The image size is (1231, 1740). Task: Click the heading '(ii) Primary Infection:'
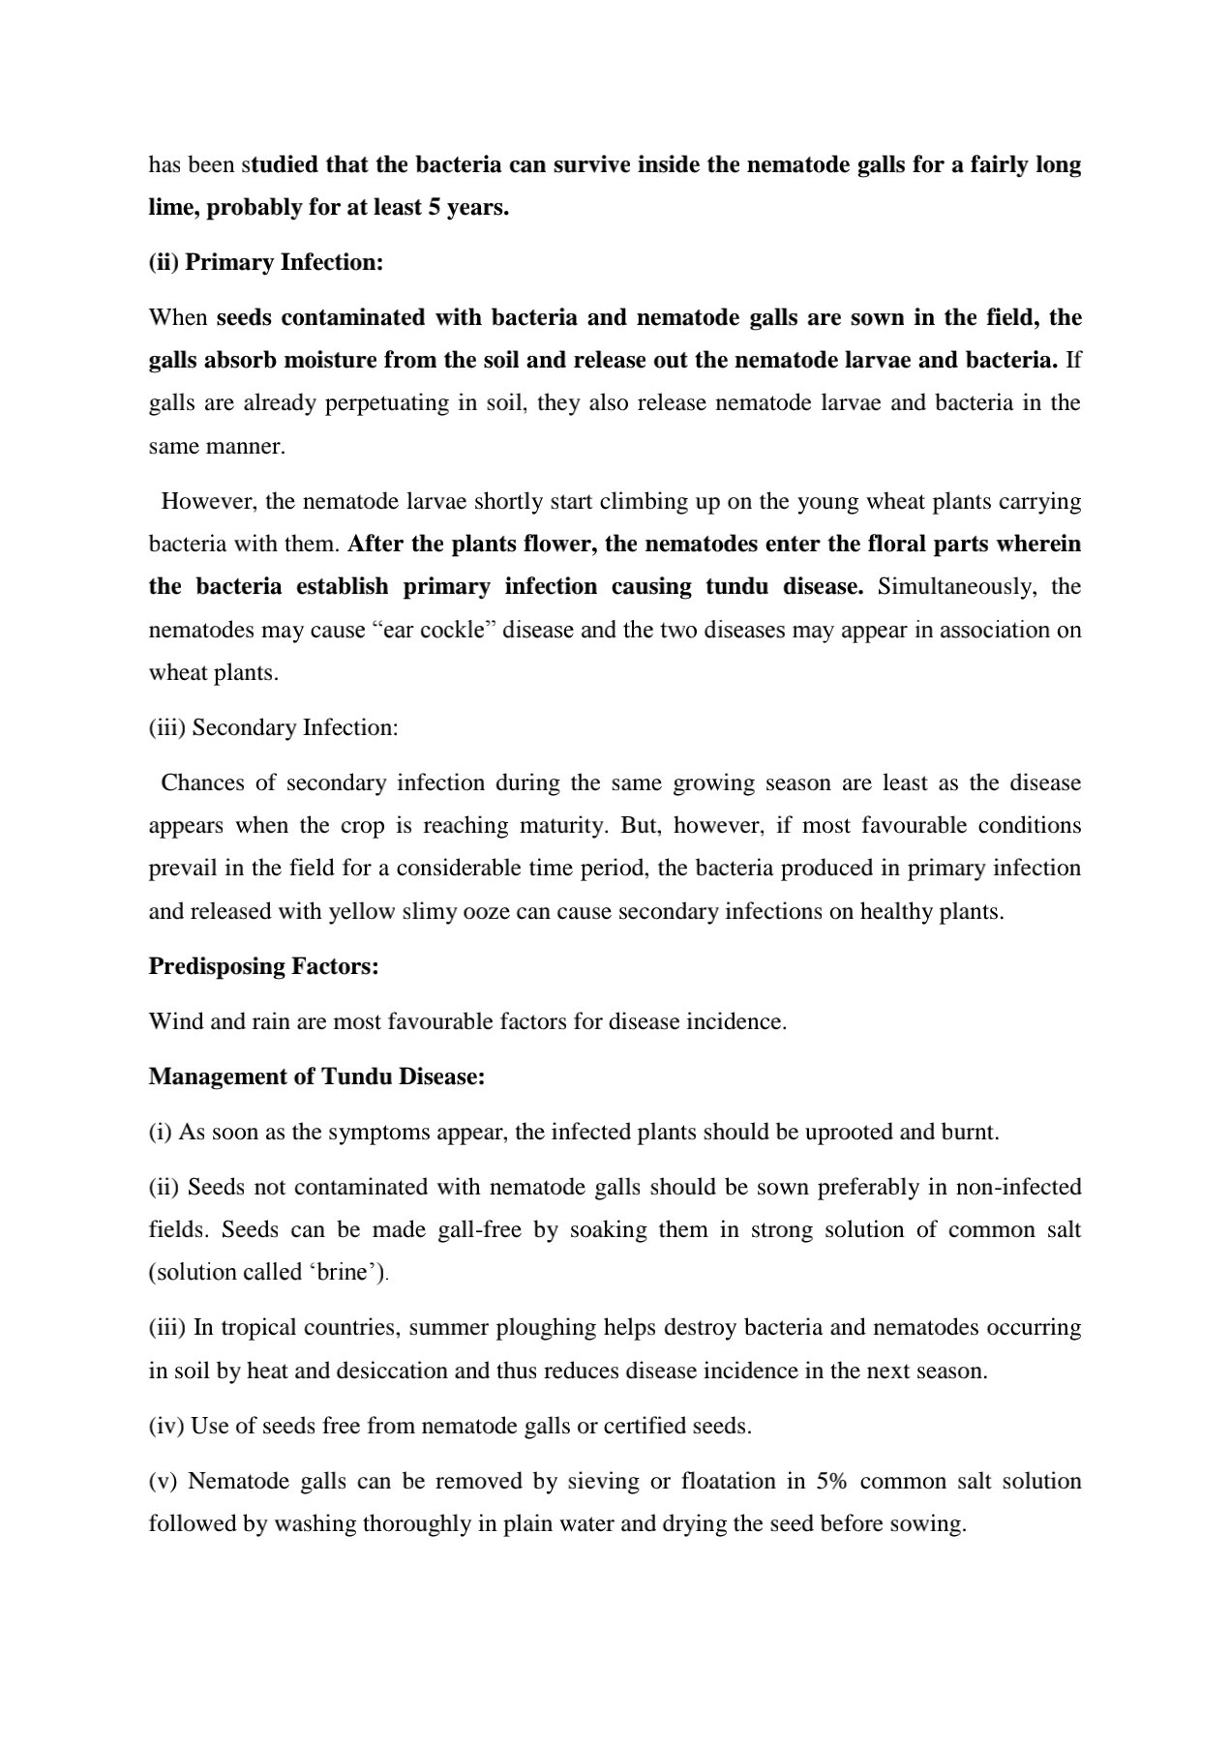[x=266, y=263]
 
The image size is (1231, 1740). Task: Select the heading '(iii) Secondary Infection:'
[x=273, y=727]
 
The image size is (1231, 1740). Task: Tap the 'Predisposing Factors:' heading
[x=263, y=966]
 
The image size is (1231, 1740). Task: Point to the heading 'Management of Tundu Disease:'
[x=316, y=1076]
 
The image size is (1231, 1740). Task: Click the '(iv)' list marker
[x=166, y=1426]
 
